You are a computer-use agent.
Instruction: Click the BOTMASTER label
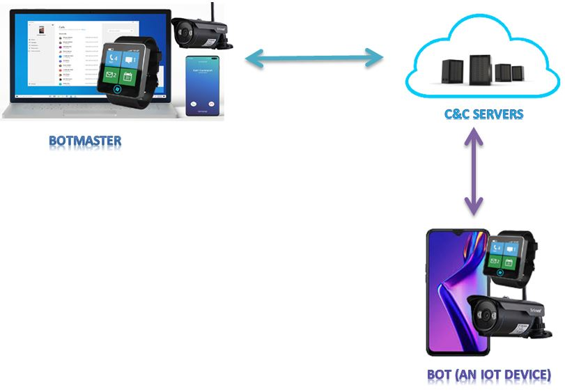(x=85, y=141)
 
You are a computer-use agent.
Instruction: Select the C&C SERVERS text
(x=483, y=113)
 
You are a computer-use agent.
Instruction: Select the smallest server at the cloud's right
(x=518, y=72)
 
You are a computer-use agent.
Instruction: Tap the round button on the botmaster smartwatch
(x=121, y=90)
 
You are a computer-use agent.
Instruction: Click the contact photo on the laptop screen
(x=43, y=31)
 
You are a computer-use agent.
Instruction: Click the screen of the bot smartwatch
(x=504, y=255)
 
